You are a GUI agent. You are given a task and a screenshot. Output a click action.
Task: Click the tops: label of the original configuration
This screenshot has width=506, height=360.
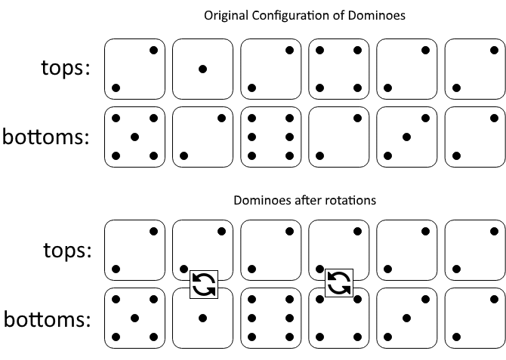[66, 68]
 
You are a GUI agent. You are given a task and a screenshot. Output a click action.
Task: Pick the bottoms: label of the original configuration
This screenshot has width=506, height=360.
[47, 137]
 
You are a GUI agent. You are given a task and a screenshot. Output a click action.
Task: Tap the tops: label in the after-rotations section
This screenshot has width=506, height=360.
[66, 250]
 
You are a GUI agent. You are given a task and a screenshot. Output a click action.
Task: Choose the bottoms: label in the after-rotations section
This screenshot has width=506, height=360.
[47, 319]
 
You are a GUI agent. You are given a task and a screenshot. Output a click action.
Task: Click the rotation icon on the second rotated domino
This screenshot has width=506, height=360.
[203, 284]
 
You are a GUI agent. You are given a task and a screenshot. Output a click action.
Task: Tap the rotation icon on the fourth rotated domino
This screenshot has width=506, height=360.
[339, 284]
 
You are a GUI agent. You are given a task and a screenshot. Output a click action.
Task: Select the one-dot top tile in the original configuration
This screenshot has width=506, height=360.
[202, 69]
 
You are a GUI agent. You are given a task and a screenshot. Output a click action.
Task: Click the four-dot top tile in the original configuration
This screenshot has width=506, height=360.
[338, 69]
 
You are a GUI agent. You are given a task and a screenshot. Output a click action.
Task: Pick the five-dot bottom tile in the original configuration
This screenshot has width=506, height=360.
[134, 137]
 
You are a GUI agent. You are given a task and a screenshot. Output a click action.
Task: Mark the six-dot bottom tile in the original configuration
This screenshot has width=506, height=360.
[270, 137]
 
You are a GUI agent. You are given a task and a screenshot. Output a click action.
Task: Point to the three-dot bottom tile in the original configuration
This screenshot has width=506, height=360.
[406, 137]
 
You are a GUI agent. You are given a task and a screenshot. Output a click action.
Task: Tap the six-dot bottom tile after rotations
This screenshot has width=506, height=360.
[270, 318]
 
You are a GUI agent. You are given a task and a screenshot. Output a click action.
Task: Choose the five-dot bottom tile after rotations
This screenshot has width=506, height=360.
[134, 318]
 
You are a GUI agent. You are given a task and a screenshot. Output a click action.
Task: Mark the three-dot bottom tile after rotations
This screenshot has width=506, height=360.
[406, 318]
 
